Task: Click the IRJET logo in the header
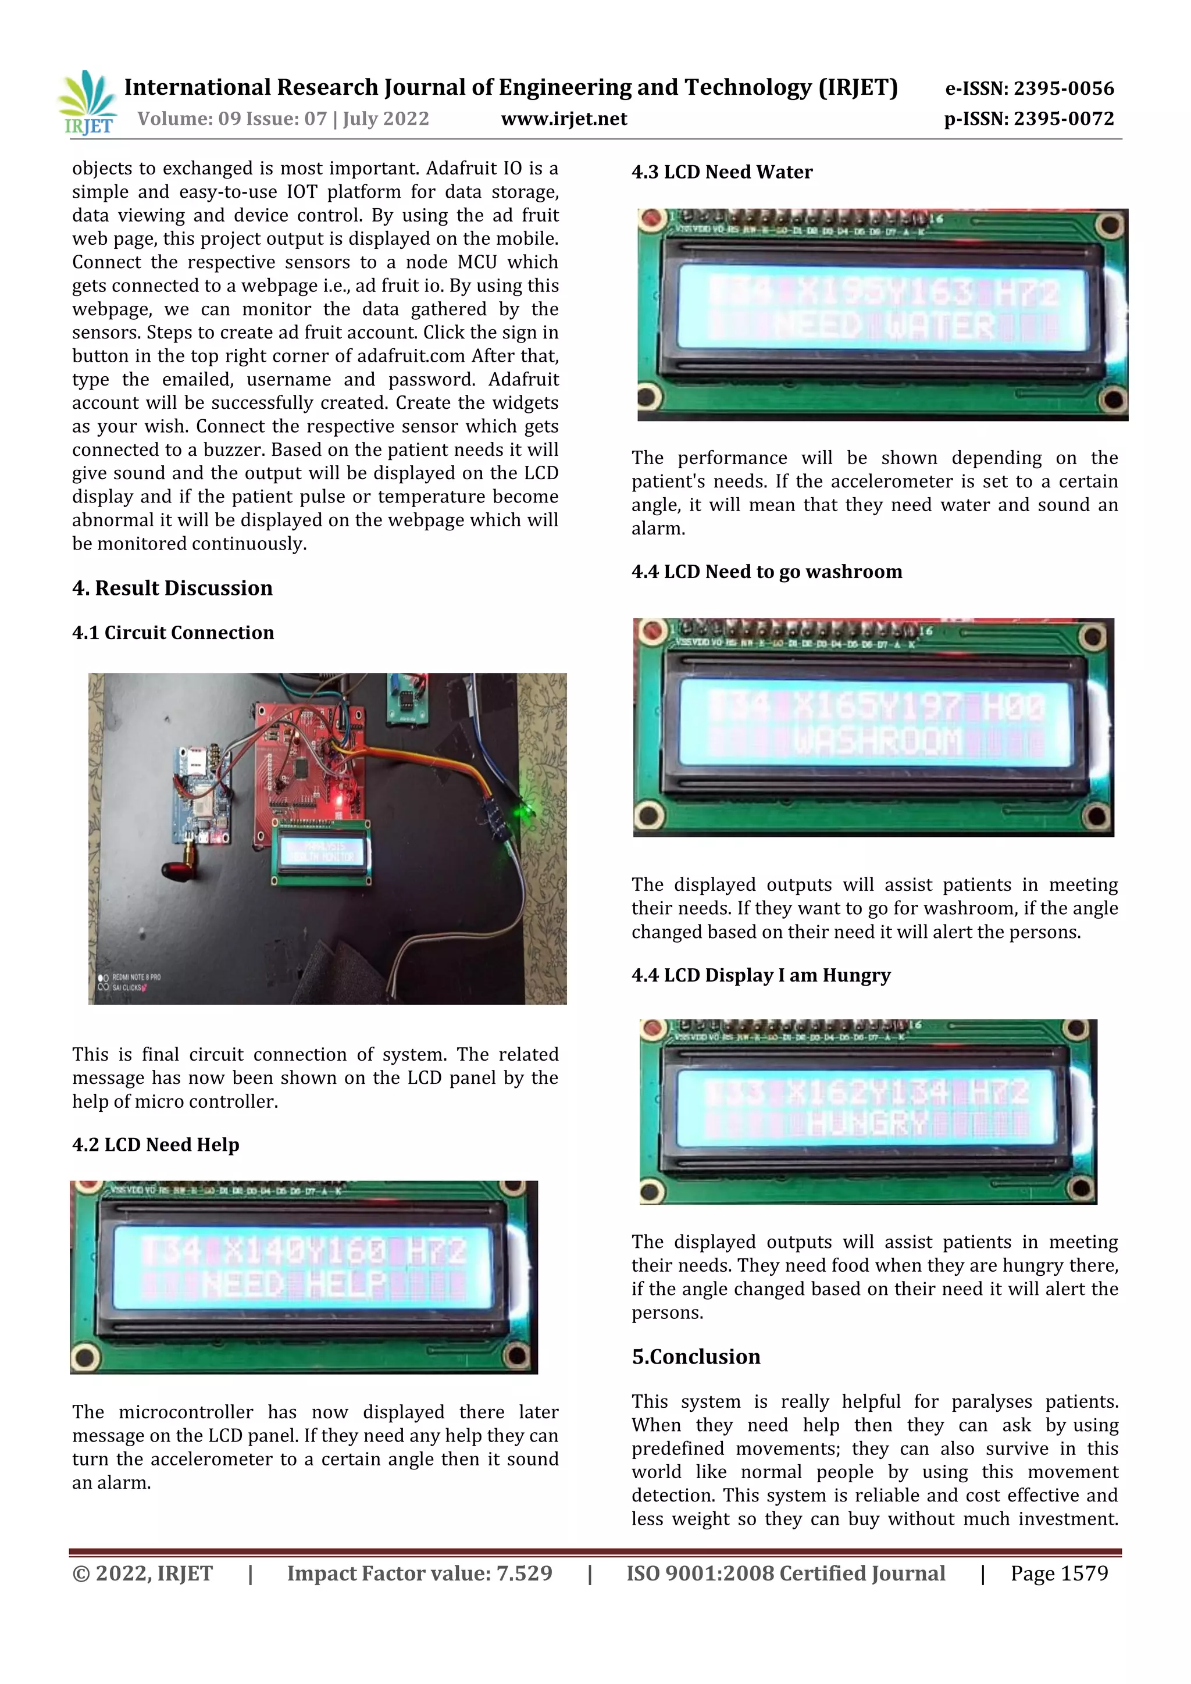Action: [87, 104]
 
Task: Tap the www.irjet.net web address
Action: [564, 119]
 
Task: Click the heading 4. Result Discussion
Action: [172, 588]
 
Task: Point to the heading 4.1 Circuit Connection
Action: [173, 633]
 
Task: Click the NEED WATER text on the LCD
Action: [884, 326]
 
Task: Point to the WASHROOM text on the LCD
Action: [877, 741]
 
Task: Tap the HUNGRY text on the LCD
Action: [868, 1123]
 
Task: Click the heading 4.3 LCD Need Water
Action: [722, 172]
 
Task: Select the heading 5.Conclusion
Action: [696, 1357]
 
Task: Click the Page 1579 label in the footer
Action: [1058, 1574]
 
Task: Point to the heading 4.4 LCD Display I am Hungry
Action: [761, 976]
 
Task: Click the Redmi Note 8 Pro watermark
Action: [135, 977]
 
